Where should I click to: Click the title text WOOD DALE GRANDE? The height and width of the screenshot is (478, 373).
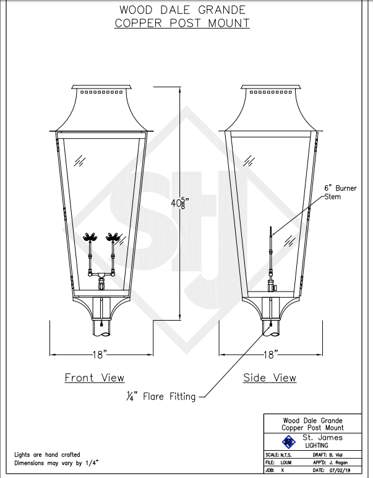[182, 10]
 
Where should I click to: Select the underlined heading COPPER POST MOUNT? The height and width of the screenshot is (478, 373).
[182, 24]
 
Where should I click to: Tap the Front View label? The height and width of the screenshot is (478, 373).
[95, 378]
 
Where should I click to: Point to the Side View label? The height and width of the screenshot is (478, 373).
[270, 378]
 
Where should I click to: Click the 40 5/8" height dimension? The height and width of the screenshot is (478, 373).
[179, 202]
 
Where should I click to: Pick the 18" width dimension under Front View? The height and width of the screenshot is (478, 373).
[101, 354]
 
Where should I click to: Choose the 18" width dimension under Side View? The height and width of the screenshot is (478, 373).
[270, 354]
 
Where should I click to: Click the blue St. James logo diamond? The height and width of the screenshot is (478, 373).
[286, 441]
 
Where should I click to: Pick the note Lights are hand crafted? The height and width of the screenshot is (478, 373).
[47, 454]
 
